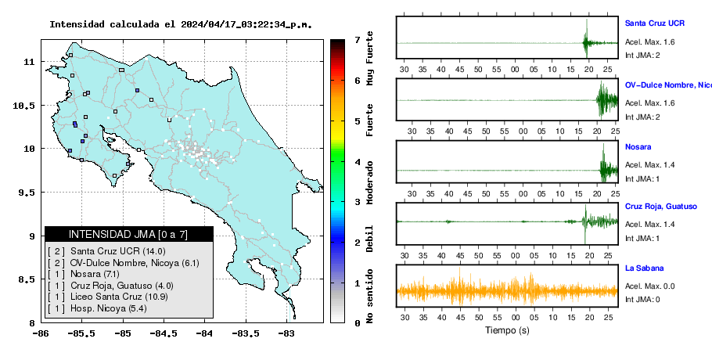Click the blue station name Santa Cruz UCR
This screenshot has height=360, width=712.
pos(654,23)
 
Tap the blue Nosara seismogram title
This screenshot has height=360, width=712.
pos(638,146)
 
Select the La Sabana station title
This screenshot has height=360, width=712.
pos(645,268)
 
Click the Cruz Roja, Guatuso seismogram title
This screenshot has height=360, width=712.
pos(660,207)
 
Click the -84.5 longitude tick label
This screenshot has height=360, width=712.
pos(164,334)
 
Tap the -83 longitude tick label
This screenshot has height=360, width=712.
pos(287,334)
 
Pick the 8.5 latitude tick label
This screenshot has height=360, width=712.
pos(27,279)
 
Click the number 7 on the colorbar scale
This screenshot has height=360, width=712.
pos(358,40)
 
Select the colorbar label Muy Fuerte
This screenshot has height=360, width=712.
pos(369,58)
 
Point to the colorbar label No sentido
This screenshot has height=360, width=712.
pos(369,296)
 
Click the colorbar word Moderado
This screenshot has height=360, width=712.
pos(369,182)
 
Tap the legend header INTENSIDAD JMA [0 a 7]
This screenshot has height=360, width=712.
pos(128,234)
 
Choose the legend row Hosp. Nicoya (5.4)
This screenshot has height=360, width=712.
pos(96,308)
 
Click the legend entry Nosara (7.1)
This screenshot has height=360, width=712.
pos(83,274)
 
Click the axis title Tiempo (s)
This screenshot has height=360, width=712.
pos(507,330)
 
